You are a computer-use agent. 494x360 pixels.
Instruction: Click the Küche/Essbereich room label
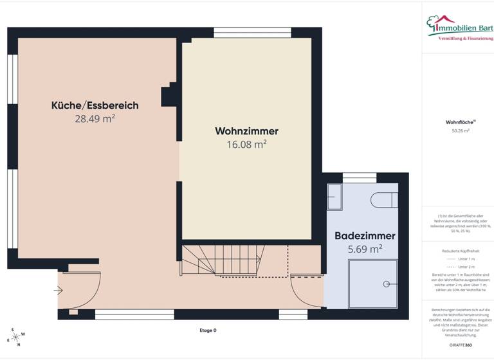(95, 105)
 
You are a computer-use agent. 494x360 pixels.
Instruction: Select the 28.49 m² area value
(95, 118)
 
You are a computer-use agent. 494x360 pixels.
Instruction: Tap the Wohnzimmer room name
(246, 131)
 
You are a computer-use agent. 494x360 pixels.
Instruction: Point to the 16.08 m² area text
(246, 145)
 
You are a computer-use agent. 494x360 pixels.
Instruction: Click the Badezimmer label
(364, 236)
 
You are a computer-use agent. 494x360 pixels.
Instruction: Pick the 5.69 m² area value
(364, 248)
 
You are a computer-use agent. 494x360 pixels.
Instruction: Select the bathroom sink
(335, 197)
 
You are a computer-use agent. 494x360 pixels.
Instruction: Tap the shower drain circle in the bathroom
(387, 283)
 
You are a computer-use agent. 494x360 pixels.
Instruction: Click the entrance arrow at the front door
(59, 291)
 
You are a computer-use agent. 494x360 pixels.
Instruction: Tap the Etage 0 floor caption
(208, 330)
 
